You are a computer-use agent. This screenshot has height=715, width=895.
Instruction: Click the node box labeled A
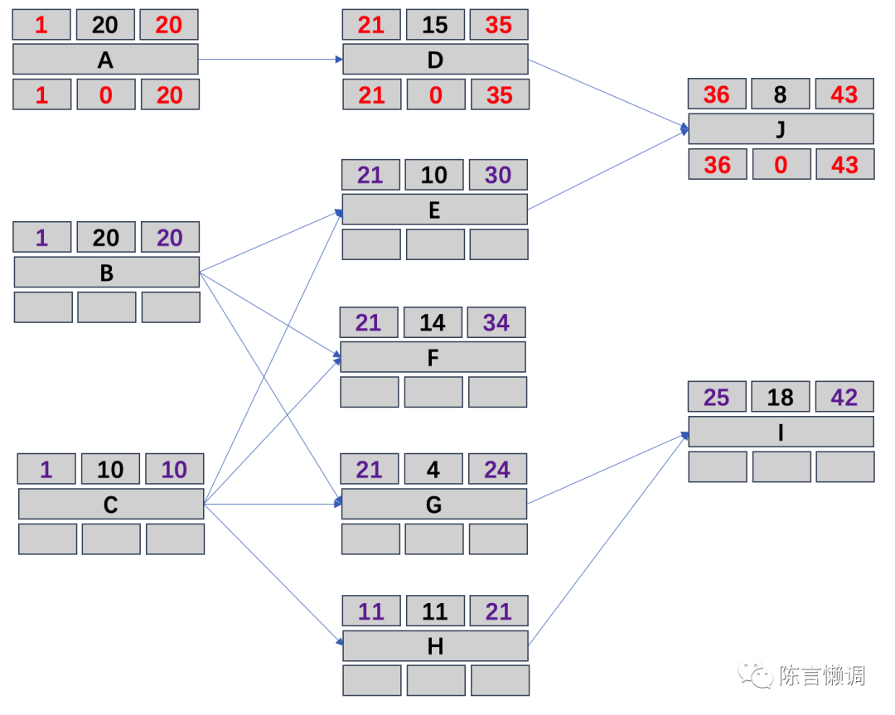coord(105,60)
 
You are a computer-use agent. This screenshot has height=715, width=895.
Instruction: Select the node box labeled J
coord(781,129)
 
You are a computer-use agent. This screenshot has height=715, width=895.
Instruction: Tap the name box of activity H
coord(435,646)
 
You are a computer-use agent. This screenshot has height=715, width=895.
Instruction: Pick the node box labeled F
coord(433,357)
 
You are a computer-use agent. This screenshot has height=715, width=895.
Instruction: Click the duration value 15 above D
coord(435,25)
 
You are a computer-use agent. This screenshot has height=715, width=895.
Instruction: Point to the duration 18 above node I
coord(781,397)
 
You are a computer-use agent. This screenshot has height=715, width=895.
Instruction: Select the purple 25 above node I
coord(717,397)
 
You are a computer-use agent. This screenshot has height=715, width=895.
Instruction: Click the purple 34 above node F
coord(496,322)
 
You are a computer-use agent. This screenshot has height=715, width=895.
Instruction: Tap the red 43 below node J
coord(844,165)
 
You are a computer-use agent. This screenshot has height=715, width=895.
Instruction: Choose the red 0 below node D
coord(436,95)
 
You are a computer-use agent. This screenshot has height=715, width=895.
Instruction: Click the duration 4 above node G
coord(433,470)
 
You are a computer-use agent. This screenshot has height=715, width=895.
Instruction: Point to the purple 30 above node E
coord(498,175)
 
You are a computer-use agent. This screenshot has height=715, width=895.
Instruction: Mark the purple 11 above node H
coord(371,611)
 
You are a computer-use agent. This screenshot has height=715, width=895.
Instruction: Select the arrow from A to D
coord(270,60)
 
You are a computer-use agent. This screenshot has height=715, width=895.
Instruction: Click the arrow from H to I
coord(609,539)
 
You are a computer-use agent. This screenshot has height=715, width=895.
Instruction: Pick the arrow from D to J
coord(609,94)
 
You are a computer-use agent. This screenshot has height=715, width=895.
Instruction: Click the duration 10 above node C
coord(110,470)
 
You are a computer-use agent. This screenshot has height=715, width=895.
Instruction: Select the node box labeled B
coord(106,273)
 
